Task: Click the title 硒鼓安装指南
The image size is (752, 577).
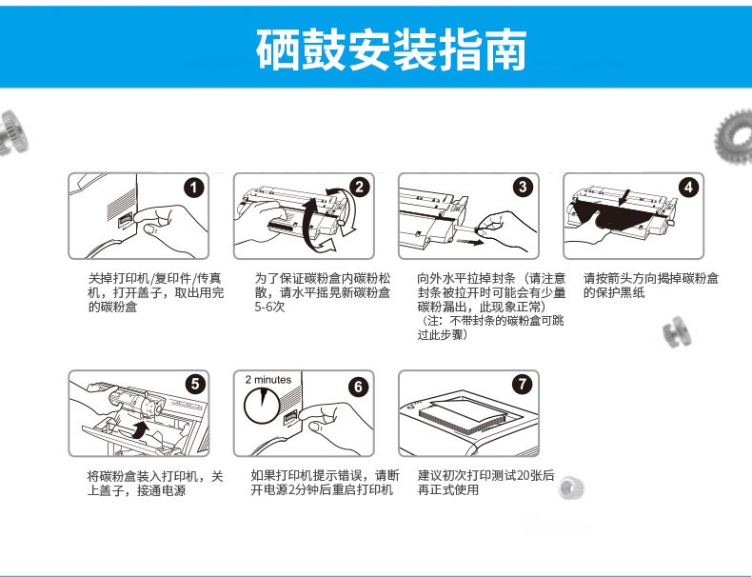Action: (391, 49)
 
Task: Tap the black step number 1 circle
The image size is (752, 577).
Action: (194, 187)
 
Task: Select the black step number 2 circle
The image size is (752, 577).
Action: (359, 187)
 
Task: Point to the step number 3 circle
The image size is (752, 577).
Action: (524, 187)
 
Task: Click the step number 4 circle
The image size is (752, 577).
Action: (688, 187)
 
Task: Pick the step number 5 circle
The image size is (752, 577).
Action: (195, 384)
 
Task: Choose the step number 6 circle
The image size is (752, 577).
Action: (359, 387)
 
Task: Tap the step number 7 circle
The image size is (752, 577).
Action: (523, 384)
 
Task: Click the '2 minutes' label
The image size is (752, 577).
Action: (268, 379)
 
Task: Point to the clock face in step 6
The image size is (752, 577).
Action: (262, 406)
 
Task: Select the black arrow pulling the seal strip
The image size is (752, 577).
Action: (475, 242)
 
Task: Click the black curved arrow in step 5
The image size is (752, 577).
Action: (140, 429)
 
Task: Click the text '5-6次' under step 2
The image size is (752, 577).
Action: (269, 307)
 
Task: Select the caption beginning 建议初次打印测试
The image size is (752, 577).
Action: (485, 483)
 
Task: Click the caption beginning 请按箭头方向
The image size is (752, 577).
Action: (651, 286)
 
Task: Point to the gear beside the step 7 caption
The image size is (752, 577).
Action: (571, 487)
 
